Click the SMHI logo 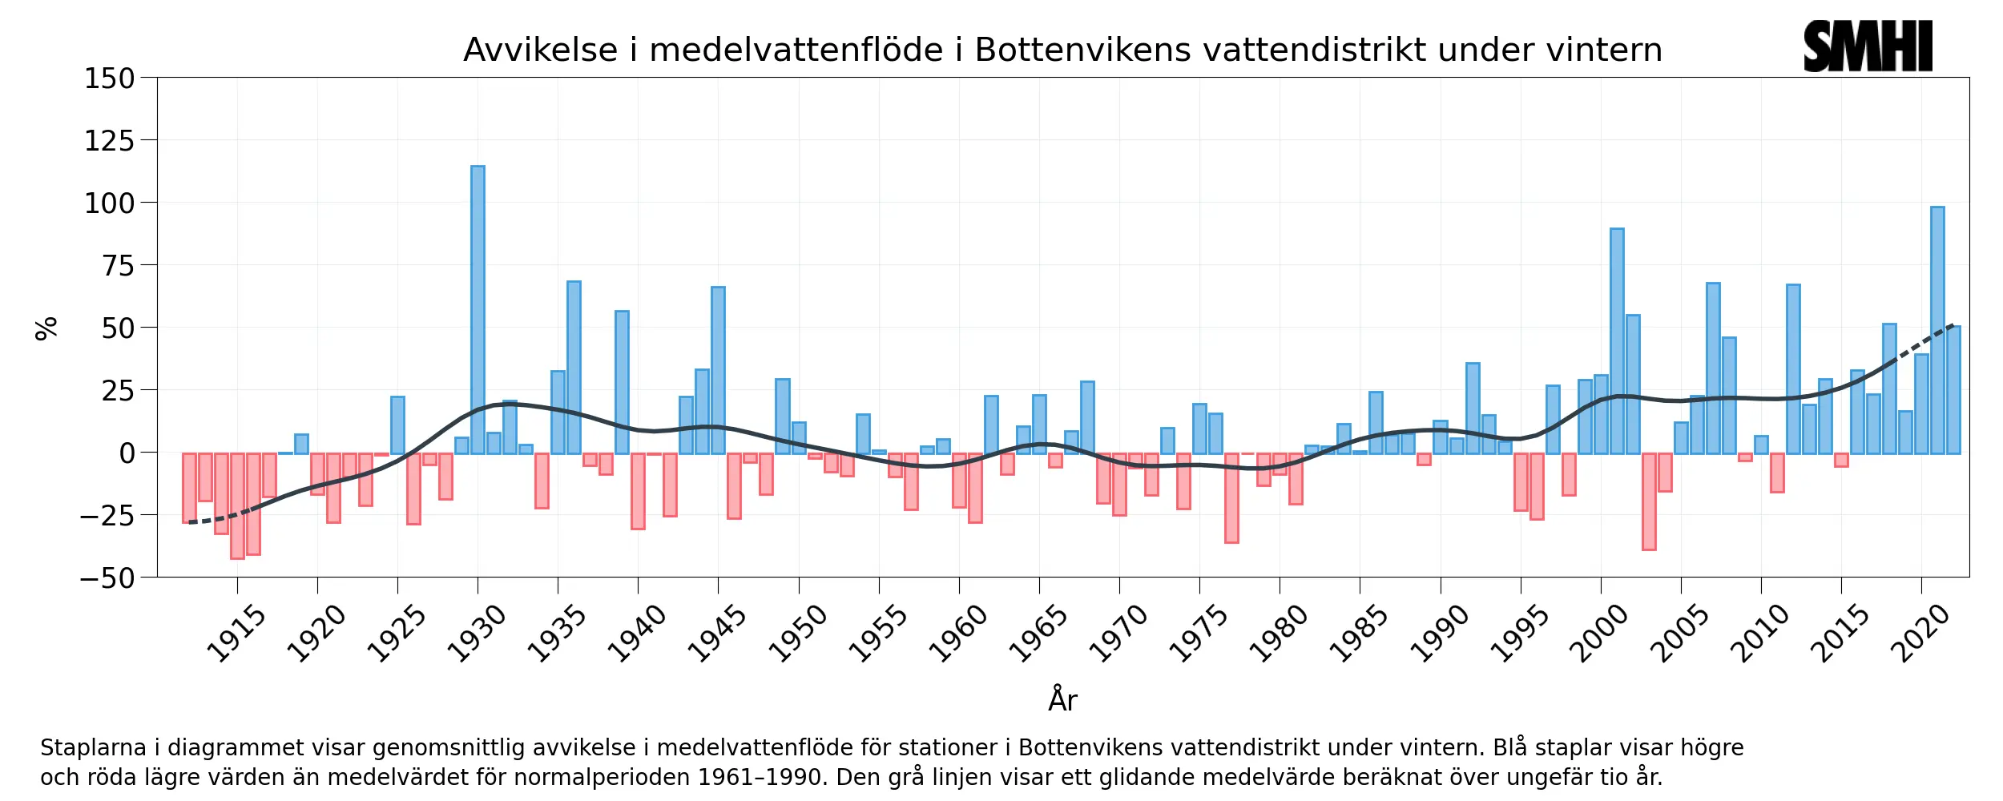click(1868, 46)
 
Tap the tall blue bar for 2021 click(1937, 330)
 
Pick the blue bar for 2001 click(1617, 340)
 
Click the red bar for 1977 click(1231, 497)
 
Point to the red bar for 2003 click(1649, 501)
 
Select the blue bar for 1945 click(718, 370)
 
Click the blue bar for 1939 click(622, 382)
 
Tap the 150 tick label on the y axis click(110, 78)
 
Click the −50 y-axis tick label click(107, 578)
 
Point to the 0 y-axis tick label click(127, 453)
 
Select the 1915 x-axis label click(236, 634)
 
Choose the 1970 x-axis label click(1118, 634)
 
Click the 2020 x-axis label click(1920, 634)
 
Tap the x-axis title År click(1062, 699)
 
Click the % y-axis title click(46, 328)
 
